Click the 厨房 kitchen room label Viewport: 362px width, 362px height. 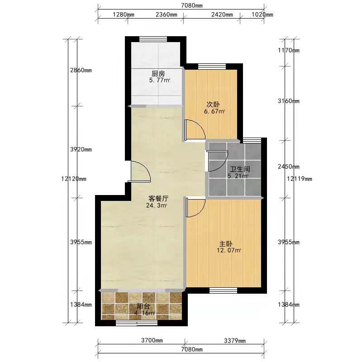pyautogui.click(x=158, y=74)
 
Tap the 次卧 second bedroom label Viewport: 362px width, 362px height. pyautogui.click(x=213, y=105)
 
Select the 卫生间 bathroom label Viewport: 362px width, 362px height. pyautogui.click(x=240, y=169)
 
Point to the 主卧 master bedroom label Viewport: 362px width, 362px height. pyautogui.click(x=225, y=244)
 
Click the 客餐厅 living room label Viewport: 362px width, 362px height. pyautogui.click(x=158, y=199)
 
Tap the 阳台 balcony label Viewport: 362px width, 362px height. pyautogui.click(x=143, y=307)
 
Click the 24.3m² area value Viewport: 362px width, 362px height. pyautogui.click(x=157, y=205)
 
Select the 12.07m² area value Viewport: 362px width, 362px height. pyautogui.click(x=229, y=250)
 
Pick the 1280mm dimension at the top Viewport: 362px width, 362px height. pyautogui.click(x=123, y=14)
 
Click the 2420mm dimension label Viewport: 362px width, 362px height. pyautogui.click(x=222, y=14)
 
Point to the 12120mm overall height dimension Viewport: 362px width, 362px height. pyautogui.click(x=74, y=179)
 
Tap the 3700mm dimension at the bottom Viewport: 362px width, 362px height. pyautogui.click(x=152, y=340)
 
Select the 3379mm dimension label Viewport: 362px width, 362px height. pyautogui.click(x=235, y=341)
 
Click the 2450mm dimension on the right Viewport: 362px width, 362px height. pyautogui.click(x=289, y=167)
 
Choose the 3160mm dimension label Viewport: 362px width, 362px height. pyautogui.click(x=289, y=101)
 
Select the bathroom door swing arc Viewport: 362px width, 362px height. pyautogui.click(x=222, y=164)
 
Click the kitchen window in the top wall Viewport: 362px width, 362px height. pyautogui.click(x=153, y=39)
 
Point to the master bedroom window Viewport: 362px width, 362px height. pyautogui.click(x=223, y=291)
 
